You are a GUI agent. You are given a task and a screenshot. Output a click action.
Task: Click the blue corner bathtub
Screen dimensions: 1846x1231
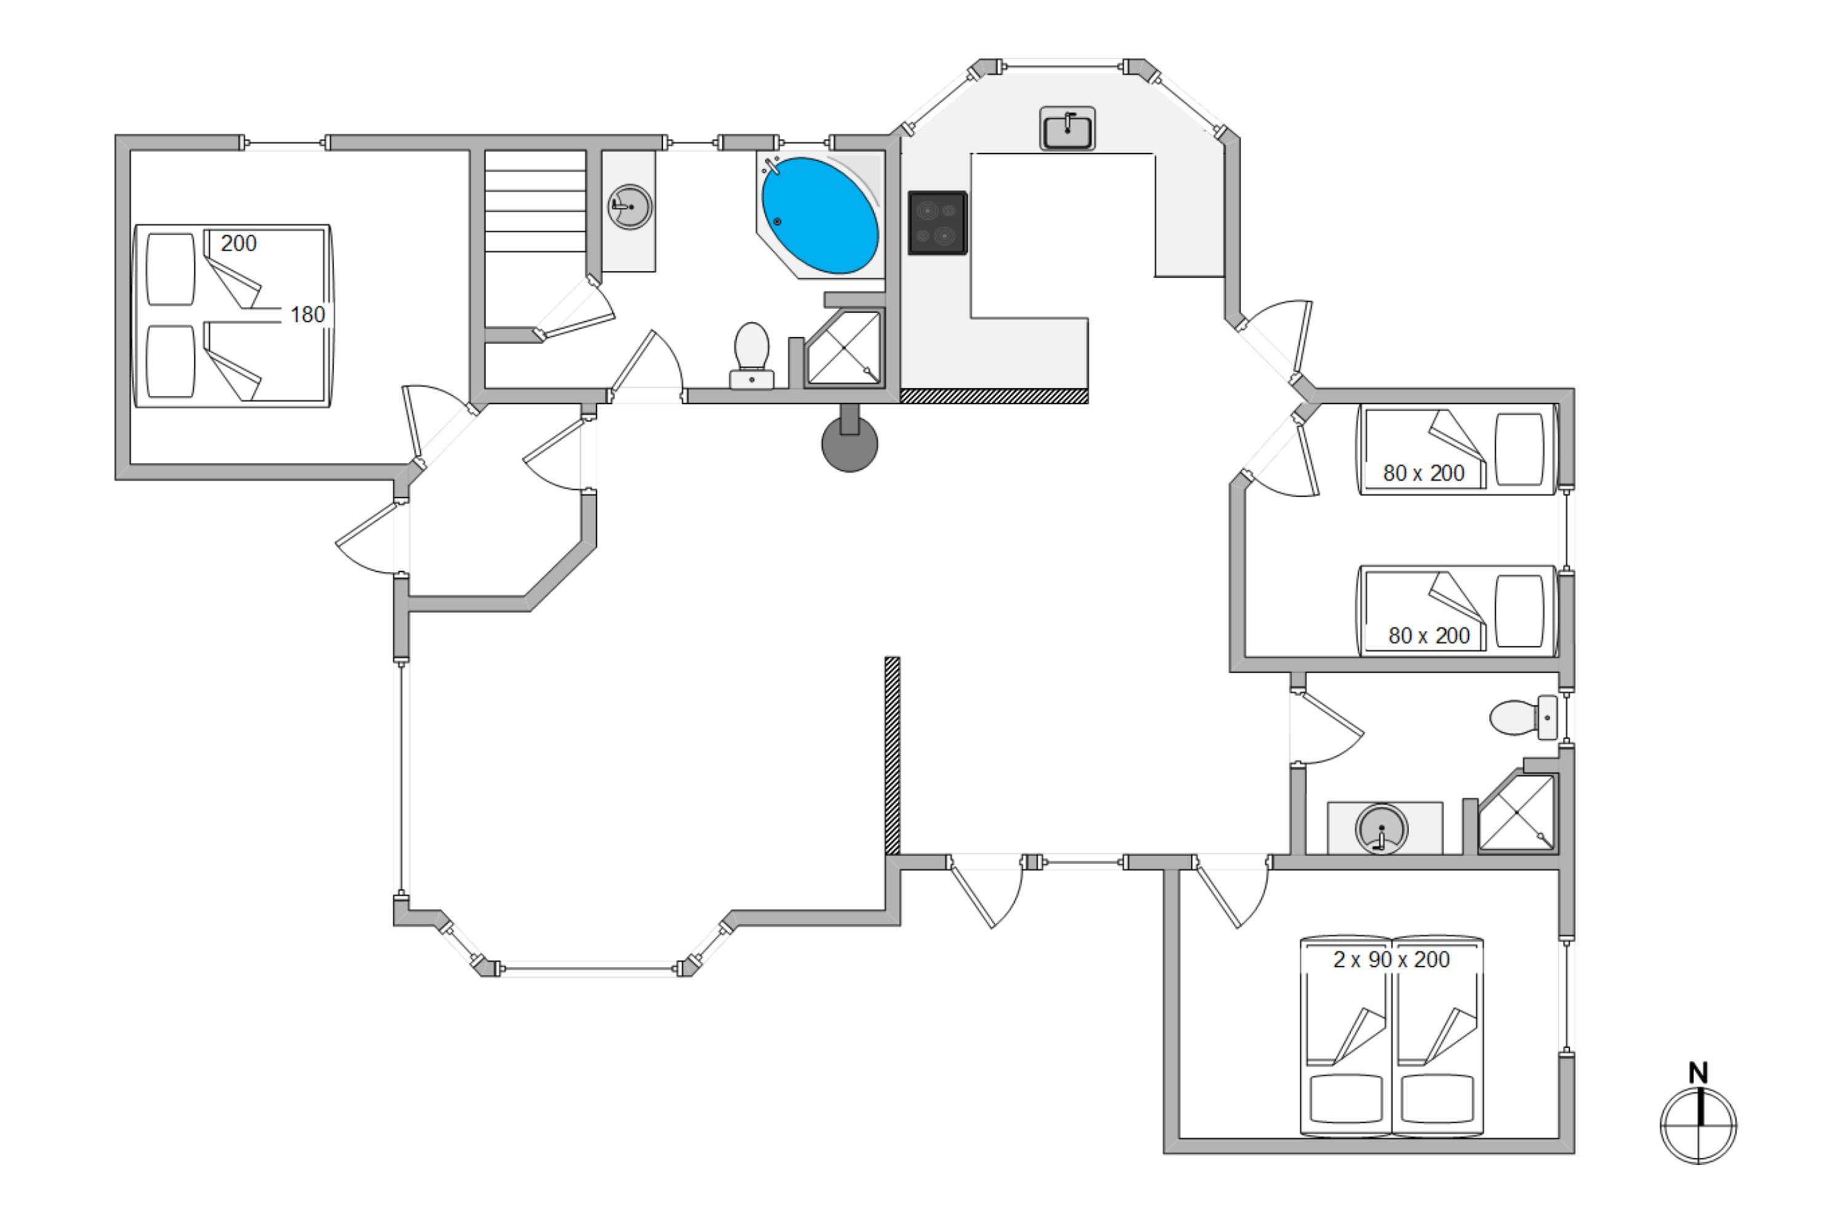820,214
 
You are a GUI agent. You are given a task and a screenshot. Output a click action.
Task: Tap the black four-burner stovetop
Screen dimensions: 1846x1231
937,223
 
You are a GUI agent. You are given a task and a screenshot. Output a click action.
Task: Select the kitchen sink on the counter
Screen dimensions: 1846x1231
1068,129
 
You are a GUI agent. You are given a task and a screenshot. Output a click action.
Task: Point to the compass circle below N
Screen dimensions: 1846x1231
1698,1125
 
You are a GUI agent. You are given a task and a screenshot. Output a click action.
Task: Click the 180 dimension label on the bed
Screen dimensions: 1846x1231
307,315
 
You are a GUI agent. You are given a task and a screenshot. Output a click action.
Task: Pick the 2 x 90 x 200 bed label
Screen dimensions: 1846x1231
1391,960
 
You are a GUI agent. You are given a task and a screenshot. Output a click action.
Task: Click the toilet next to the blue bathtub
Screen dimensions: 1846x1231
752,356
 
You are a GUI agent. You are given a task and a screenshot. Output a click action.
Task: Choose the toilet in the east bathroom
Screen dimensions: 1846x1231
1524,718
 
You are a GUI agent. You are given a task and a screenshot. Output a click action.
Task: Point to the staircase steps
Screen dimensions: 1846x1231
535,201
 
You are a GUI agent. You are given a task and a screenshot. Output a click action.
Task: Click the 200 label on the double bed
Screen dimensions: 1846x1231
239,243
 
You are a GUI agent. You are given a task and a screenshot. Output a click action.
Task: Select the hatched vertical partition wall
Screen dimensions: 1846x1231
892,756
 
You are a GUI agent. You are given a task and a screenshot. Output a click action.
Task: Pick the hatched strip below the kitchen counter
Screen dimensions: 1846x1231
994,396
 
